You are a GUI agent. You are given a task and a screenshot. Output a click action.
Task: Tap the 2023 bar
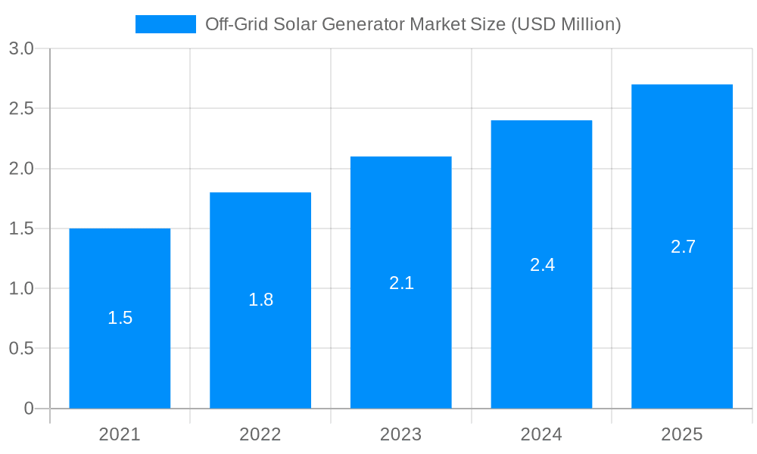(x=401, y=348)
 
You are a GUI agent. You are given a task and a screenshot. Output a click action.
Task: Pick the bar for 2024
(x=541, y=340)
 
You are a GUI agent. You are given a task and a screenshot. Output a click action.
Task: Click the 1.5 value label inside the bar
(x=120, y=318)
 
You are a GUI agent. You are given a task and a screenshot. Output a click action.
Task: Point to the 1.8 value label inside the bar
(x=260, y=300)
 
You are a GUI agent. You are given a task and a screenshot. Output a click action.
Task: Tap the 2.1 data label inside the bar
(x=401, y=282)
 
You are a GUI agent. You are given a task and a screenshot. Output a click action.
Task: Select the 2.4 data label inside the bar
(x=542, y=265)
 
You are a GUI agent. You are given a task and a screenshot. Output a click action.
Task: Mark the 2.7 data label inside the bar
(x=683, y=247)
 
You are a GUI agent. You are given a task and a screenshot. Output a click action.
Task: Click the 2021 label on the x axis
(x=120, y=434)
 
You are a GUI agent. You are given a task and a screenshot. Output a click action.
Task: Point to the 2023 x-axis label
(x=401, y=434)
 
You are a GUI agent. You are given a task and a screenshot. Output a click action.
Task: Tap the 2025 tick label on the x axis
(x=682, y=434)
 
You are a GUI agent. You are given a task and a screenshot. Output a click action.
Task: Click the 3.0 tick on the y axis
(x=21, y=48)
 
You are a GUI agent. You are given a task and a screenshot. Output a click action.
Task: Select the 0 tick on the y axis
(x=29, y=409)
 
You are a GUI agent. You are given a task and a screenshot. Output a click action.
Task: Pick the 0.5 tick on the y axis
(x=21, y=349)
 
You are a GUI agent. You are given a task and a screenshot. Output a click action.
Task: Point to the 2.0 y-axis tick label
(x=21, y=169)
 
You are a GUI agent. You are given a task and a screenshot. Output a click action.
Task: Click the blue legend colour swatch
(x=165, y=24)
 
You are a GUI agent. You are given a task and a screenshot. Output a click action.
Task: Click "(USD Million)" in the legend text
(x=566, y=24)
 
